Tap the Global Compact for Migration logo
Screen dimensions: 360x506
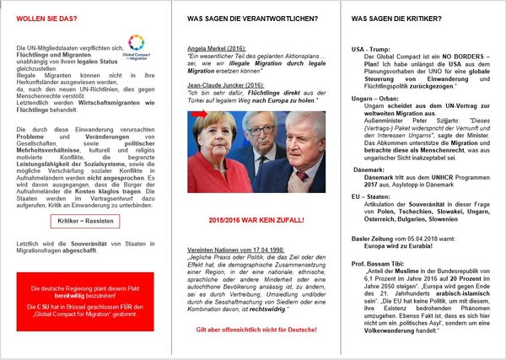coord(136,43)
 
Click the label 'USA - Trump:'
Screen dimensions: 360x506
coord(370,50)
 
